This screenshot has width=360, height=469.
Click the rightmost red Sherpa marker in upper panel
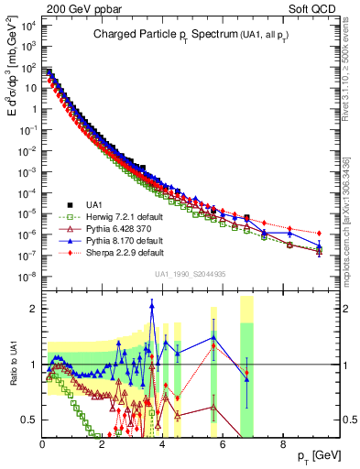(x=319, y=233)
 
